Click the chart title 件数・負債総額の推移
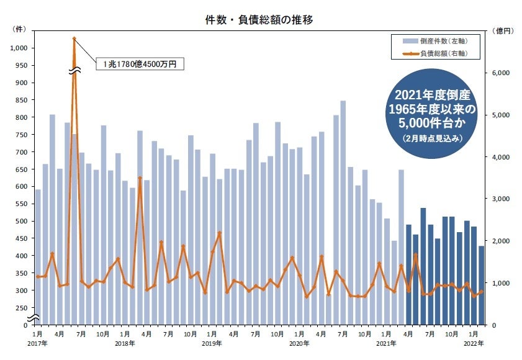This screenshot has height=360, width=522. pyautogui.click(x=260, y=20)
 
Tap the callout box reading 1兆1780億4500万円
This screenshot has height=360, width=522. pyautogui.click(x=140, y=63)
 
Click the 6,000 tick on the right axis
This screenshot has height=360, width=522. pyautogui.click(x=501, y=73)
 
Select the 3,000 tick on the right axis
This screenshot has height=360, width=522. pyautogui.click(x=501, y=199)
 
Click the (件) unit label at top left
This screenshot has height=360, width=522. pyautogui.click(x=19, y=30)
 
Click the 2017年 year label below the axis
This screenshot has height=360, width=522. pyautogui.click(x=37, y=343)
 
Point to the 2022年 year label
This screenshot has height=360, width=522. pyautogui.click(x=474, y=343)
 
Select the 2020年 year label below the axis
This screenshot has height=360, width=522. pyautogui.click(x=299, y=343)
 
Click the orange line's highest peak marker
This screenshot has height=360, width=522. pyautogui.click(x=74, y=38)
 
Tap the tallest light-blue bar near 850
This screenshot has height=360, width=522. pyautogui.click(x=343, y=211)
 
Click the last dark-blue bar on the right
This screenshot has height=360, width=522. pyautogui.click(x=481, y=286)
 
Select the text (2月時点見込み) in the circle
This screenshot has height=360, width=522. pyautogui.click(x=431, y=137)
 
